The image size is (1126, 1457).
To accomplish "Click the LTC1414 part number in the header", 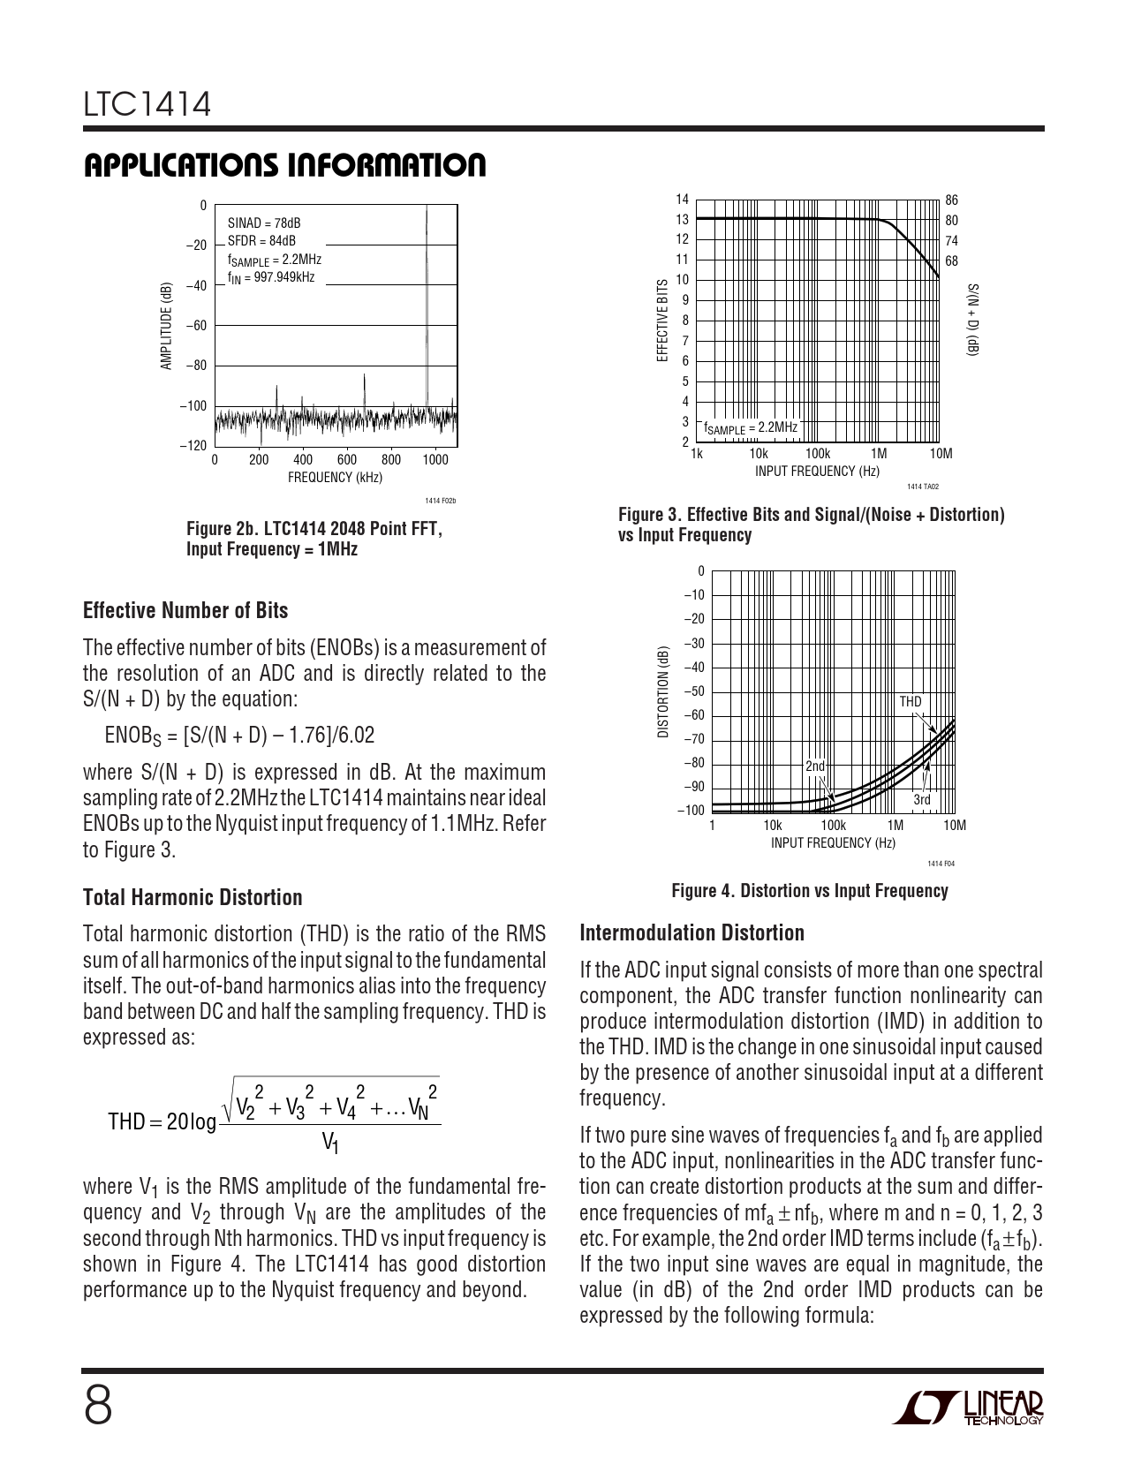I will [x=147, y=106].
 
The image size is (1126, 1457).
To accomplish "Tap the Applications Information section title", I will [x=284, y=166].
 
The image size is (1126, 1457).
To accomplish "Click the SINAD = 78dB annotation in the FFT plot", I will [x=264, y=223].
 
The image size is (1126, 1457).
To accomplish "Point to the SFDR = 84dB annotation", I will [x=261, y=240].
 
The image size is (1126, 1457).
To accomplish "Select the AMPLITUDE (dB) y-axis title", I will [x=166, y=326].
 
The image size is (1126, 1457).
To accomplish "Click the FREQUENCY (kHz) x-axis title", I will [x=335, y=478].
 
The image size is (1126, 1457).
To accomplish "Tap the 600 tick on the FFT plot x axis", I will [x=347, y=460].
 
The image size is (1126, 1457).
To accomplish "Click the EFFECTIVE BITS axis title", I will [x=662, y=321].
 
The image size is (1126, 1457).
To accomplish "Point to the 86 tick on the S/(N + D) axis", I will [x=951, y=200].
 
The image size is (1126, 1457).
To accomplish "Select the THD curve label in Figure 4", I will [x=910, y=702].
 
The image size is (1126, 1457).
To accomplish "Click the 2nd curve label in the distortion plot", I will [x=814, y=766].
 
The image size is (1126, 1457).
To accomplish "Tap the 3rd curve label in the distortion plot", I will [x=921, y=800].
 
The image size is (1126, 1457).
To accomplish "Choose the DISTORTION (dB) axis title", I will [x=662, y=692].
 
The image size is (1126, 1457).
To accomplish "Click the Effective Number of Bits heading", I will [x=185, y=611].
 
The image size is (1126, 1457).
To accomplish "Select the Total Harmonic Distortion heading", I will [x=193, y=898].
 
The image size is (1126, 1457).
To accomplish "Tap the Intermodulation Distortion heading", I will [x=692, y=933].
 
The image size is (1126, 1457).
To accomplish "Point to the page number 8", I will [x=98, y=1406].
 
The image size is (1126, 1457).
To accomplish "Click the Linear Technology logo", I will [x=968, y=1408].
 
